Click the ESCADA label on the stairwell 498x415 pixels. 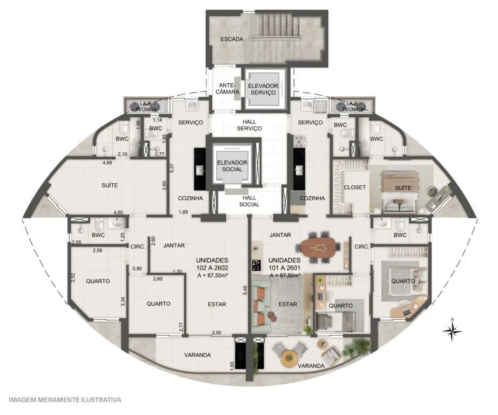232,39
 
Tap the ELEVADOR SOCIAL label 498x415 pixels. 232,166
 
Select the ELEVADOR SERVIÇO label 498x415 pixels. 263,89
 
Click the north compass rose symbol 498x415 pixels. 452,331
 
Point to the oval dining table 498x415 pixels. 319,247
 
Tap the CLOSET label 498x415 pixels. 355,188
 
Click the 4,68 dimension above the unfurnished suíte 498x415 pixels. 107,163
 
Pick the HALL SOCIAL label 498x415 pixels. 250,201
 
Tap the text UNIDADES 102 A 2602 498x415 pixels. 212,264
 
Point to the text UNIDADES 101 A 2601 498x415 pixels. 285,264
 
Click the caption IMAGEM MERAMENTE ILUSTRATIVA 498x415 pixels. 65,399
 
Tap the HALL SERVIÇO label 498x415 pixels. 250,125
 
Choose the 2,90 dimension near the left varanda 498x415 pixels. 216,333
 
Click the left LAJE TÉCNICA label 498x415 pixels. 146,106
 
